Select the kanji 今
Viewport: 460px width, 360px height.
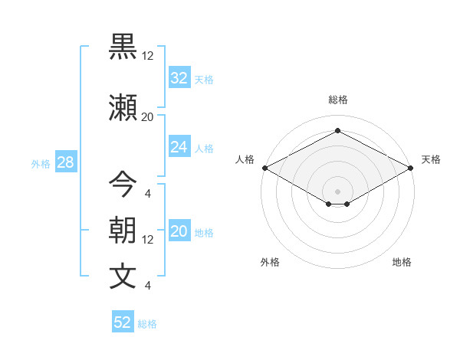click(x=123, y=185)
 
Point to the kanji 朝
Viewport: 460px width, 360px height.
click(x=123, y=231)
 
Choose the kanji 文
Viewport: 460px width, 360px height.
click(x=123, y=277)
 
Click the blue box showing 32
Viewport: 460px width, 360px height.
click(x=179, y=78)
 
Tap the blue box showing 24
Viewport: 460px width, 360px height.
click(x=179, y=147)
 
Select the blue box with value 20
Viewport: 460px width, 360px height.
click(x=179, y=232)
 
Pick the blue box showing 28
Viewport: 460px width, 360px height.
click(x=65, y=162)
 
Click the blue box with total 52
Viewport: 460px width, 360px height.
click(x=123, y=322)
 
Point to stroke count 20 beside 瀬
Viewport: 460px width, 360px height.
click(x=147, y=116)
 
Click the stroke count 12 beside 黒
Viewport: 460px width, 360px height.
click(x=147, y=55)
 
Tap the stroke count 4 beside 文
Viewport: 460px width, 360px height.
click(x=147, y=286)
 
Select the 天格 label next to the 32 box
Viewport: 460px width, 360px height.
click(x=203, y=80)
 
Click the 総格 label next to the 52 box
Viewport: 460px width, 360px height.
click(x=147, y=324)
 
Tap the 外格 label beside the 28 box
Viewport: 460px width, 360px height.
click(x=40, y=164)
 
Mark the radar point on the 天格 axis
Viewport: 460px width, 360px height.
click(x=412, y=168)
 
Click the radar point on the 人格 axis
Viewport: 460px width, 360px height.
click(x=264, y=168)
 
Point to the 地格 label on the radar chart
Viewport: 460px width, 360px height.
click(x=402, y=262)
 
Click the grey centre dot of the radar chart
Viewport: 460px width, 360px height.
click(x=337, y=190)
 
